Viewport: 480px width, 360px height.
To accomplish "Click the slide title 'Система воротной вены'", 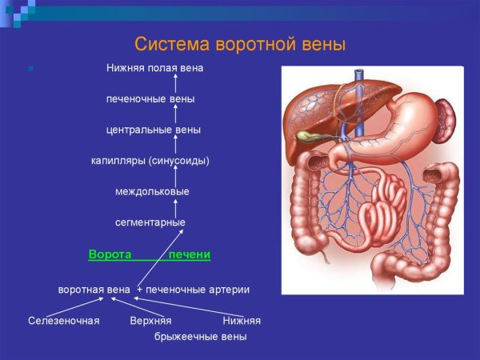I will (239, 44).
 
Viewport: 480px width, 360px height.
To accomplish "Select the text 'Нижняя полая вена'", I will (154, 68).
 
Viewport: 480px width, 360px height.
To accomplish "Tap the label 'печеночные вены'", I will (150, 99).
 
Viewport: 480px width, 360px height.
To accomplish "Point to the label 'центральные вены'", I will (153, 130).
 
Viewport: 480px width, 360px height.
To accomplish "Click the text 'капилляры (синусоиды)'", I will (150, 161).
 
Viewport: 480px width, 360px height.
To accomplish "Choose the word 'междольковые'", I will (152, 192).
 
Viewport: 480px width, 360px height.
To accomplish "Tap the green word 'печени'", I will (190, 254).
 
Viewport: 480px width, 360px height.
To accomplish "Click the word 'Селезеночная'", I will (63, 321).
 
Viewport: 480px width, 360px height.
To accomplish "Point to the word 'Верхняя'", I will (150, 321).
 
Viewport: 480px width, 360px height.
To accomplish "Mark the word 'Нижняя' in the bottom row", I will (242, 321).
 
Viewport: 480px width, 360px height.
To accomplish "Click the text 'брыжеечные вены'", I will (200, 337).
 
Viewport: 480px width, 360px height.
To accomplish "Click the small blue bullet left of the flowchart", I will (30, 69).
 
